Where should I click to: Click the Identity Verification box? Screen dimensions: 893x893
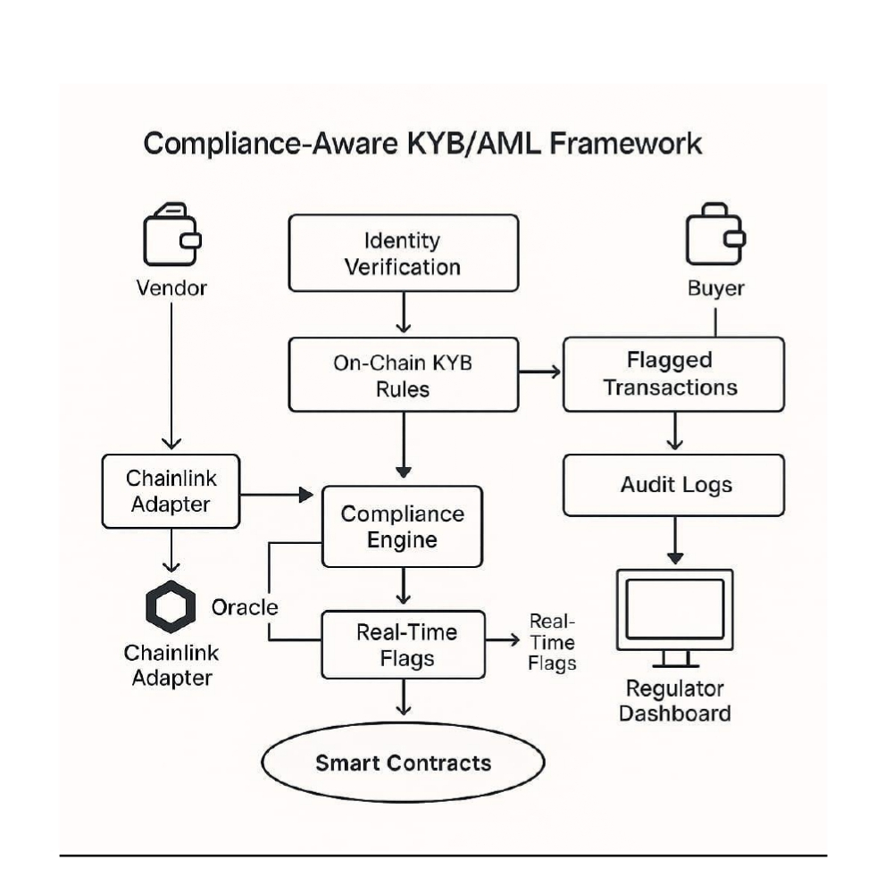point(403,253)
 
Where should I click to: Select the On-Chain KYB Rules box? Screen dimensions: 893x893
point(403,375)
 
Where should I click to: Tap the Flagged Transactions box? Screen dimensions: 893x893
point(673,373)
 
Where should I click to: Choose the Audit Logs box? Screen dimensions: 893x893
point(674,485)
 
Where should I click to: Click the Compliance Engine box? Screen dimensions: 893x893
point(402,527)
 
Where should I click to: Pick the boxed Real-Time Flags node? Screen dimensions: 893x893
point(404,644)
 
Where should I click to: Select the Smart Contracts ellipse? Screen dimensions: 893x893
point(403,764)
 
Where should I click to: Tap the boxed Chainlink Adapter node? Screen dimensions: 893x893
point(171,490)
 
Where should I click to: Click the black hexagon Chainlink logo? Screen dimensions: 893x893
point(170,606)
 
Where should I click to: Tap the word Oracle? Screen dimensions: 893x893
point(245,607)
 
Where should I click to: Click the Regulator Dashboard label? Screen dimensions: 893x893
point(674,701)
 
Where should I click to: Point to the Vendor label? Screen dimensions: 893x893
point(171,288)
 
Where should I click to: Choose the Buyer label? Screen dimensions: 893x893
point(715,288)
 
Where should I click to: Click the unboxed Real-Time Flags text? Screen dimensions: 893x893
point(552,642)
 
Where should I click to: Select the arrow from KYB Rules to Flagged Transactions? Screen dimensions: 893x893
point(540,371)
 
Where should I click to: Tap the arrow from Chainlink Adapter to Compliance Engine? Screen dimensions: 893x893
point(277,493)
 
